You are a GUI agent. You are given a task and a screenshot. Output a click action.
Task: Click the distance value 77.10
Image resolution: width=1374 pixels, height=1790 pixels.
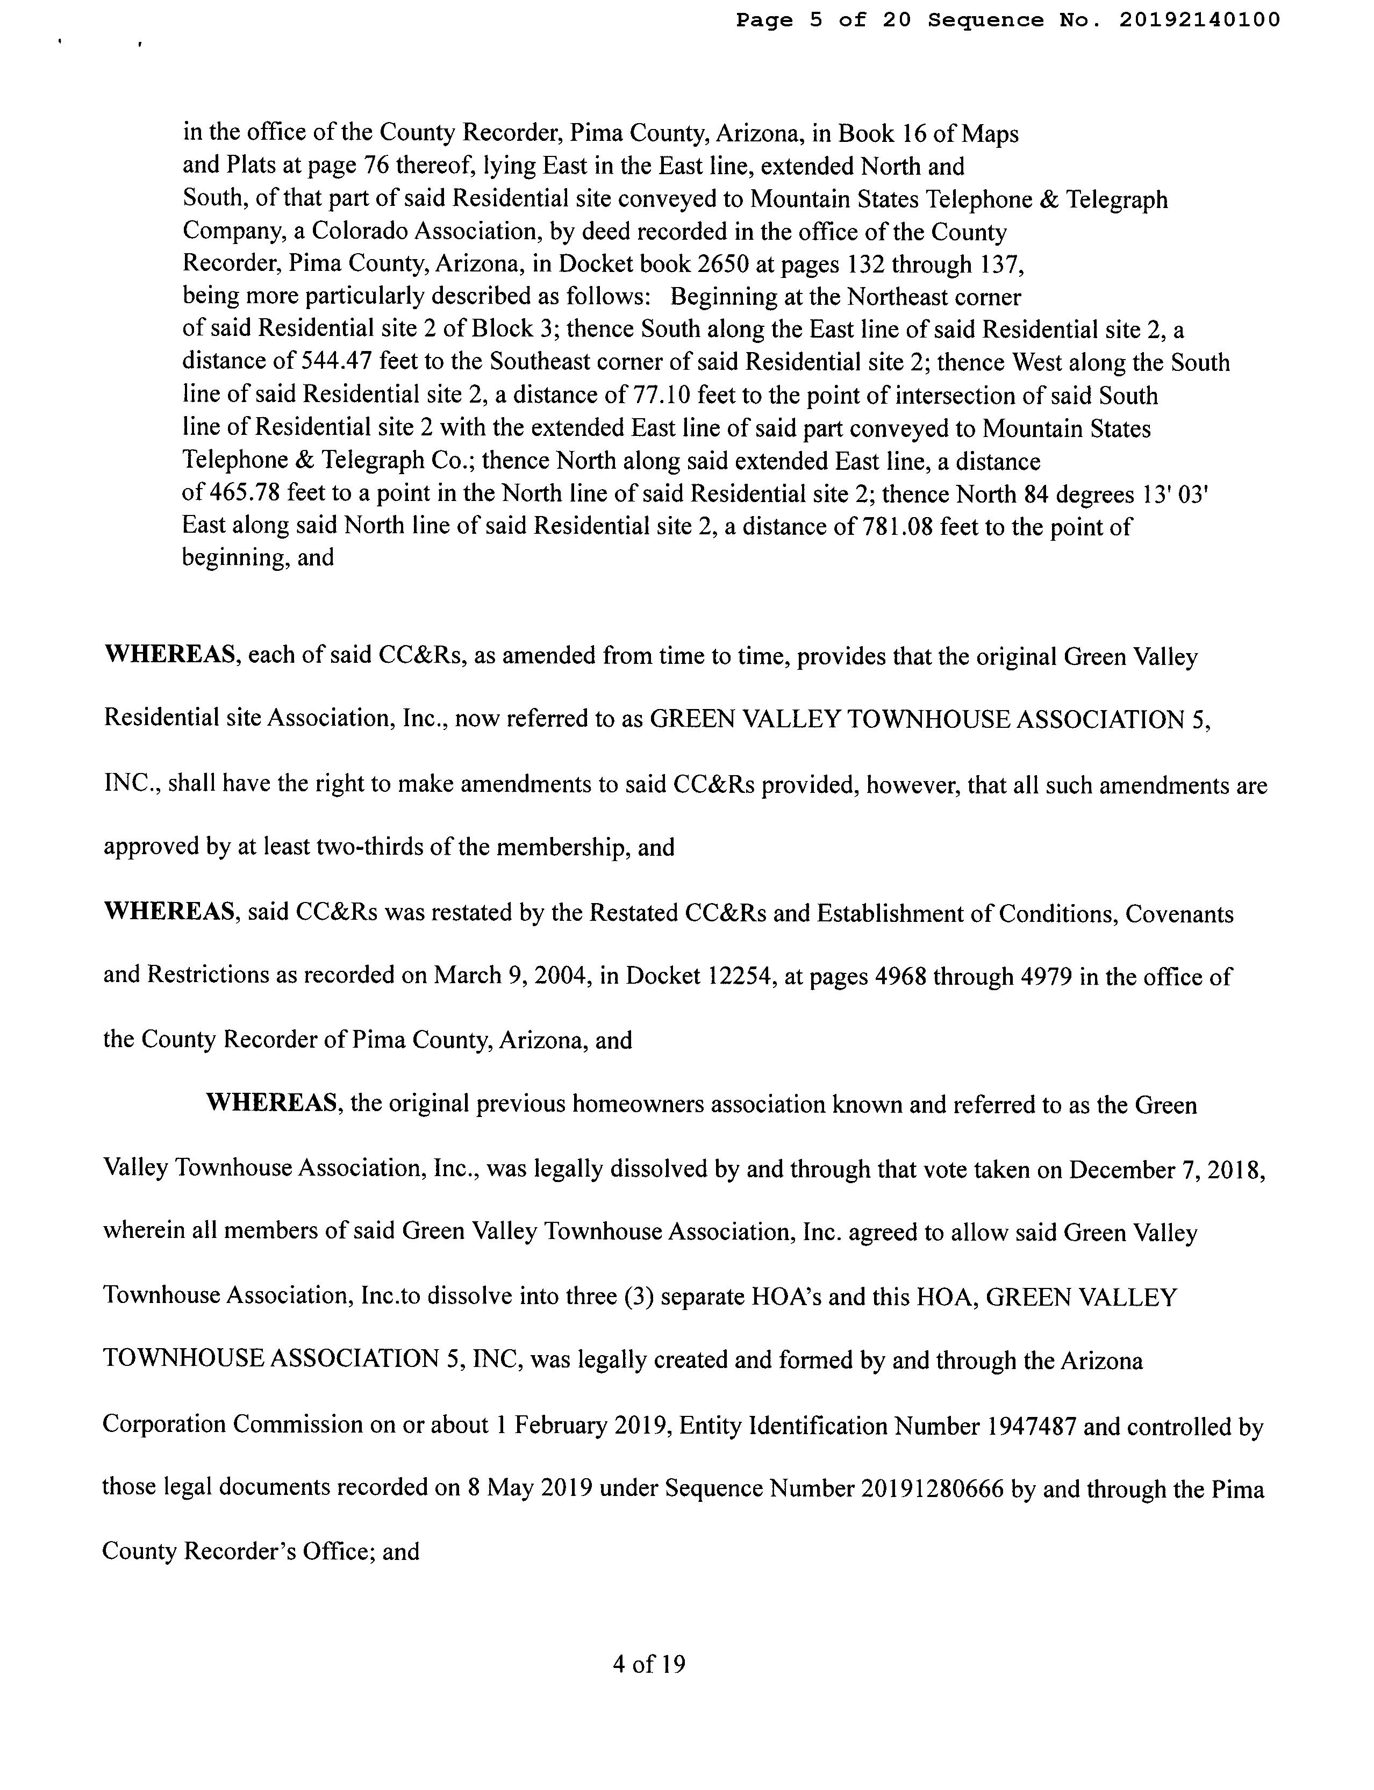[x=662, y=396]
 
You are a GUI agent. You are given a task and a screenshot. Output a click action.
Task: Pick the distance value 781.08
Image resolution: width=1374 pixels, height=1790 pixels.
[x=893, y=527]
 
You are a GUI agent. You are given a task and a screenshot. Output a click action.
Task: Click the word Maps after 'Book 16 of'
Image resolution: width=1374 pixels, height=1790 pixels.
[x=990, y=133]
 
